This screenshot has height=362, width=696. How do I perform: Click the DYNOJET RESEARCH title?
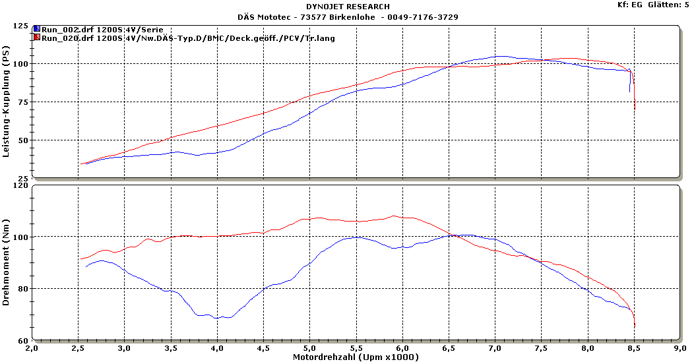[x=348, y=7]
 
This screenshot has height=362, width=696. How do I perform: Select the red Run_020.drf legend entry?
[x=187, y=38]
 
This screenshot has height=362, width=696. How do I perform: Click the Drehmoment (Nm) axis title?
[x=6, y=264]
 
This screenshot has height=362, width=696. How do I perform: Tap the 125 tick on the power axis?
[x=21, y=26]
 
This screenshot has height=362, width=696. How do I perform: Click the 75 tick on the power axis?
[x=23, y=102]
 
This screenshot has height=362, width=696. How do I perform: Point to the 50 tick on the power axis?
[x=23, y=140]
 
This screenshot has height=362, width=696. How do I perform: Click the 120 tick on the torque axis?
[x=21, y=185]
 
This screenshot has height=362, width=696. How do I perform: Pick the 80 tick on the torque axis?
[x=23, y=288]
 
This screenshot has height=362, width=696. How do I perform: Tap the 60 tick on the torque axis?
[x=23, y=340]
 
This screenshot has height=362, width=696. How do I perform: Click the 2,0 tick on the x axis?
[x=32, y=347]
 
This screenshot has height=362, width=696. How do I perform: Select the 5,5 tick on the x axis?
[x=356, y=347]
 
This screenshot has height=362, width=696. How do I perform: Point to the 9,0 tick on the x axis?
[x=680, y=347]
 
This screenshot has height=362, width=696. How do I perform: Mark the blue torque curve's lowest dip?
[x=216, y=318]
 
